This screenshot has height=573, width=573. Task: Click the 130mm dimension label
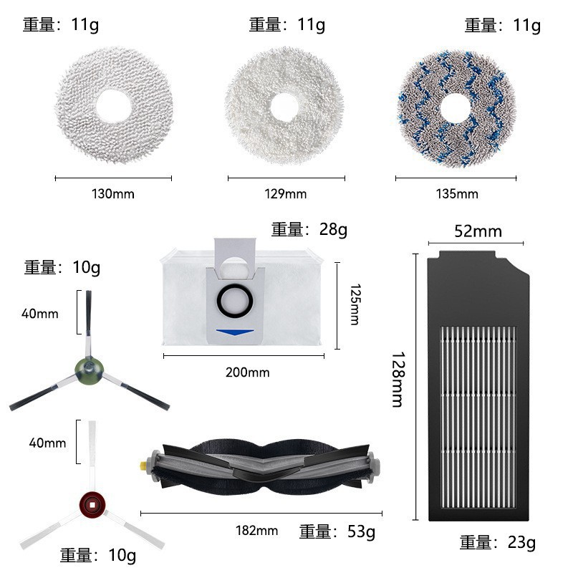point(113,194)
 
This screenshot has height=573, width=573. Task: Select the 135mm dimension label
point(456,194)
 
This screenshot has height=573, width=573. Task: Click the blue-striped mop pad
point(456,108)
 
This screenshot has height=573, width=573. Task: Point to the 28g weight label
point(309,230)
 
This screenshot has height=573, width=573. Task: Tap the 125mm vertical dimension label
point(354,304)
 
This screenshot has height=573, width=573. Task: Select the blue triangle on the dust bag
point(236,332)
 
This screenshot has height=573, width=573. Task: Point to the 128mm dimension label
point(398,379)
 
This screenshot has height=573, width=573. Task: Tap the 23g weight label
point(498,542)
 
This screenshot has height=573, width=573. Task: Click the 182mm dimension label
point(256,531)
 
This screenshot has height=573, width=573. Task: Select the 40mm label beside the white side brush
point(47,443)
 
